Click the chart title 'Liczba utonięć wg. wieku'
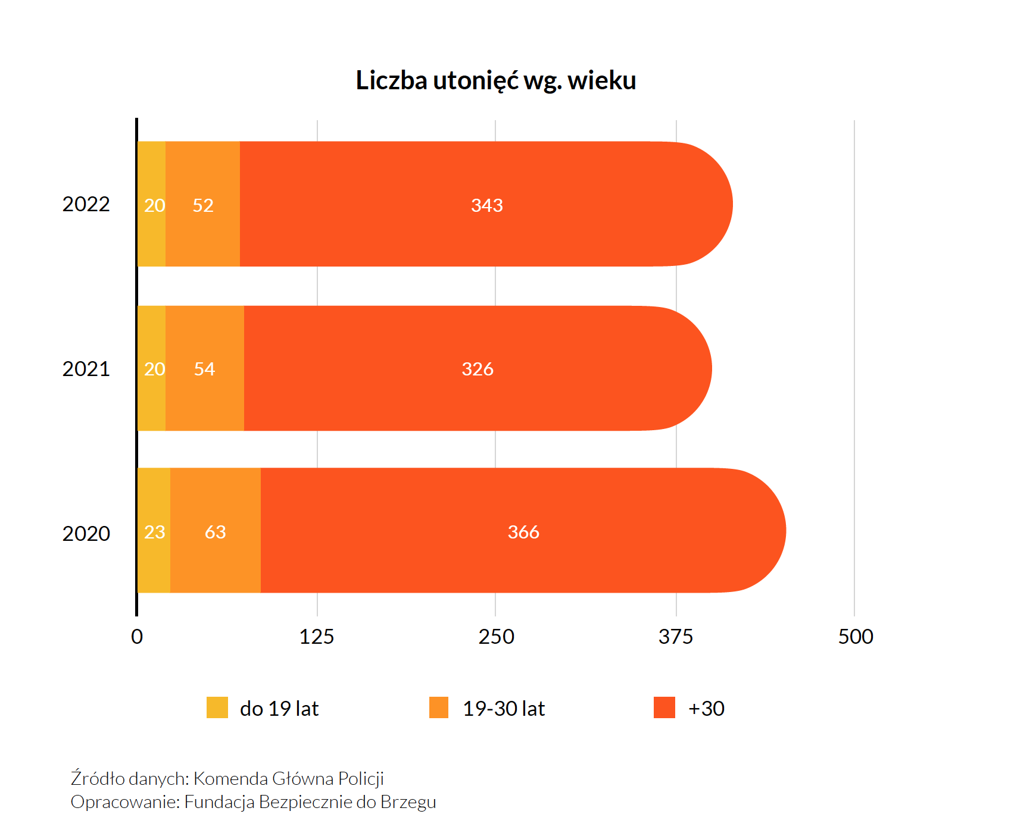(x=495, y=80)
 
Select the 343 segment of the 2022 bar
(x=486, y=204)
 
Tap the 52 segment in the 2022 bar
(x=202, y=204)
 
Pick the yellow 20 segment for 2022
(x=152, y=204)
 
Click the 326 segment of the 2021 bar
(x=478, y=368)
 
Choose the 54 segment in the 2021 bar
(x=204, y=368)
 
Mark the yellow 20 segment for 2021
(x=152, y=368)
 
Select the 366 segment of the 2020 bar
(x=523, y=531)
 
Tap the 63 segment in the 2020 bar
(x=215, y=531)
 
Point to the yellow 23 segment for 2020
(x=154, y=531)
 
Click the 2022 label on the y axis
(x=86, y=204)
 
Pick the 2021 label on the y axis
(x=86, y=369)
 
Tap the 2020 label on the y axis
(x=86, y=533)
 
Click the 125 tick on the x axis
(x=317, y=637)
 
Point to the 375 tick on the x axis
(x=676, y=637)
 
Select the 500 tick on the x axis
(x=856, y=637)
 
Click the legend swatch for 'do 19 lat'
(x=217, y=707)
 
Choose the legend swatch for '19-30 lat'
(x=439, y=707)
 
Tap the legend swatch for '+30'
(x=664, y=707)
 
